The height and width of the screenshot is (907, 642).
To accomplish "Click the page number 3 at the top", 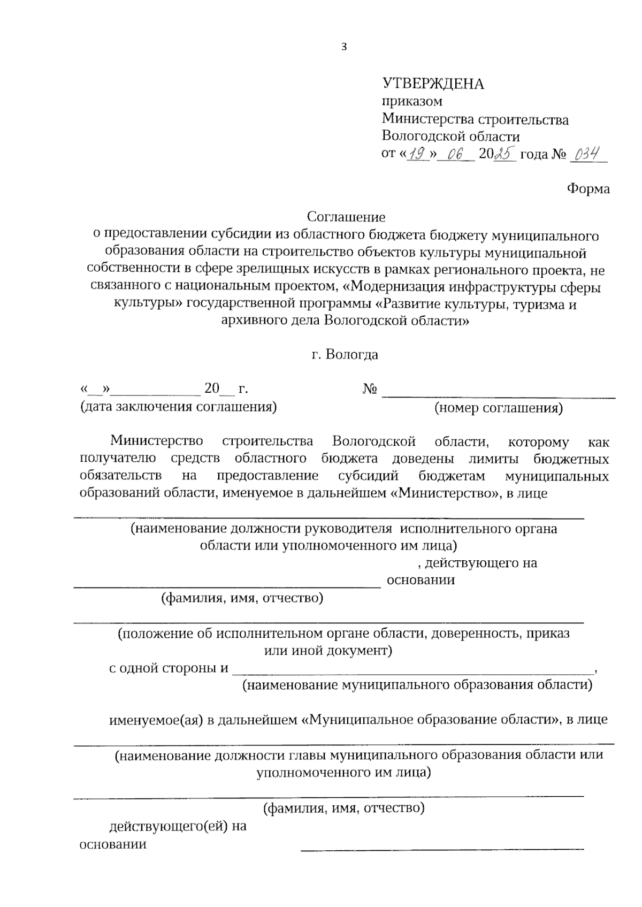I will (x=344, y=47).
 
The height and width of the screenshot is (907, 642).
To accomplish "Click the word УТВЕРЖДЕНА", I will (x=433, y=84).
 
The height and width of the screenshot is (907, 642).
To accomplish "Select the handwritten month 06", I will (x=455, y=155).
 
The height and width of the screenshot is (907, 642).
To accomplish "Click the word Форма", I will (x=588, y=189).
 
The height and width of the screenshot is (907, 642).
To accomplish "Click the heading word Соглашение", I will (x=346, y=217).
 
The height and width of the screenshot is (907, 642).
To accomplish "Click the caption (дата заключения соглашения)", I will (x=178, y=407).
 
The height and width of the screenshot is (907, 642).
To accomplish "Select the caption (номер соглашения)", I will (x=499, y=409).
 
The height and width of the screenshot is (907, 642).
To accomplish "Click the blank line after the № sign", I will (x=499, y=395).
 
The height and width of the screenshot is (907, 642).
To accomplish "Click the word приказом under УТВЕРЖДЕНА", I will (x=412, y=101).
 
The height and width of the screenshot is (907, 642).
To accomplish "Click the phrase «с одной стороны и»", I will (x=169, y=668).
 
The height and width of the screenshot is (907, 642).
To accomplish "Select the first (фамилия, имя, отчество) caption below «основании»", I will (x=242, y=598).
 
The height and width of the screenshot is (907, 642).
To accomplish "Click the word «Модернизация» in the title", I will (x=404, y=287).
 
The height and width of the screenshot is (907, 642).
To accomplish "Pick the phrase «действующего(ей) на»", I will (x=178, y=826).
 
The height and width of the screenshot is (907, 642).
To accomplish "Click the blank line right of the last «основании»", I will (x=442, y=847).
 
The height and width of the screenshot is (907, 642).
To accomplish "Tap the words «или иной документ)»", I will (x=328, y=651).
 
